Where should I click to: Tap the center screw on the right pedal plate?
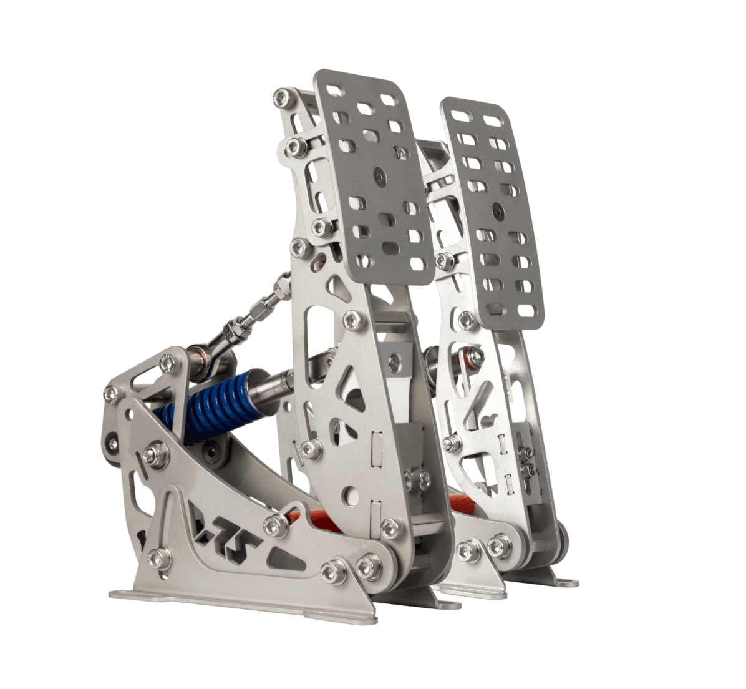point(498,210)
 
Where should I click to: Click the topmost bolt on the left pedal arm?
point(283,98)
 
